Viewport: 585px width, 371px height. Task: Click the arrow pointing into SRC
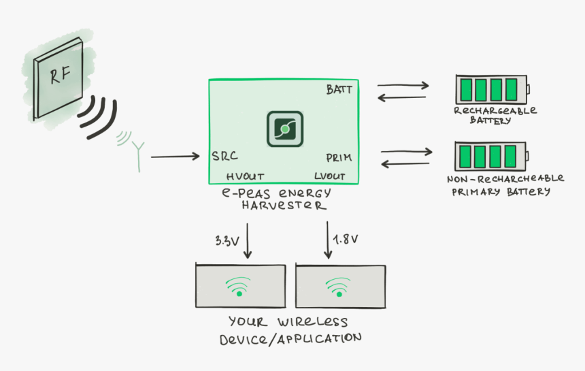tap(175, 157)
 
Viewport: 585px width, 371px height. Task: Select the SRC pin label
tap(224, 157)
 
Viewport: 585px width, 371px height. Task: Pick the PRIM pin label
tap(338, 158)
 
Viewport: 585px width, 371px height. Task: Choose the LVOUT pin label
tap(330, 176)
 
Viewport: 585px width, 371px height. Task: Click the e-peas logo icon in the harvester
tap(284, 129)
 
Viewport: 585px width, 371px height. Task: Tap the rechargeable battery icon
tap(491, 89)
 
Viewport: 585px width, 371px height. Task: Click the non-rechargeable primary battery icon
tap(490, 156)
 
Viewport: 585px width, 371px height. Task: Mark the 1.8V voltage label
tap(346, 239)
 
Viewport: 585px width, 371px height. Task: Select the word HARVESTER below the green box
tap(284, 205)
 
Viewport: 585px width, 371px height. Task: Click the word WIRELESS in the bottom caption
tap(312, 322)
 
